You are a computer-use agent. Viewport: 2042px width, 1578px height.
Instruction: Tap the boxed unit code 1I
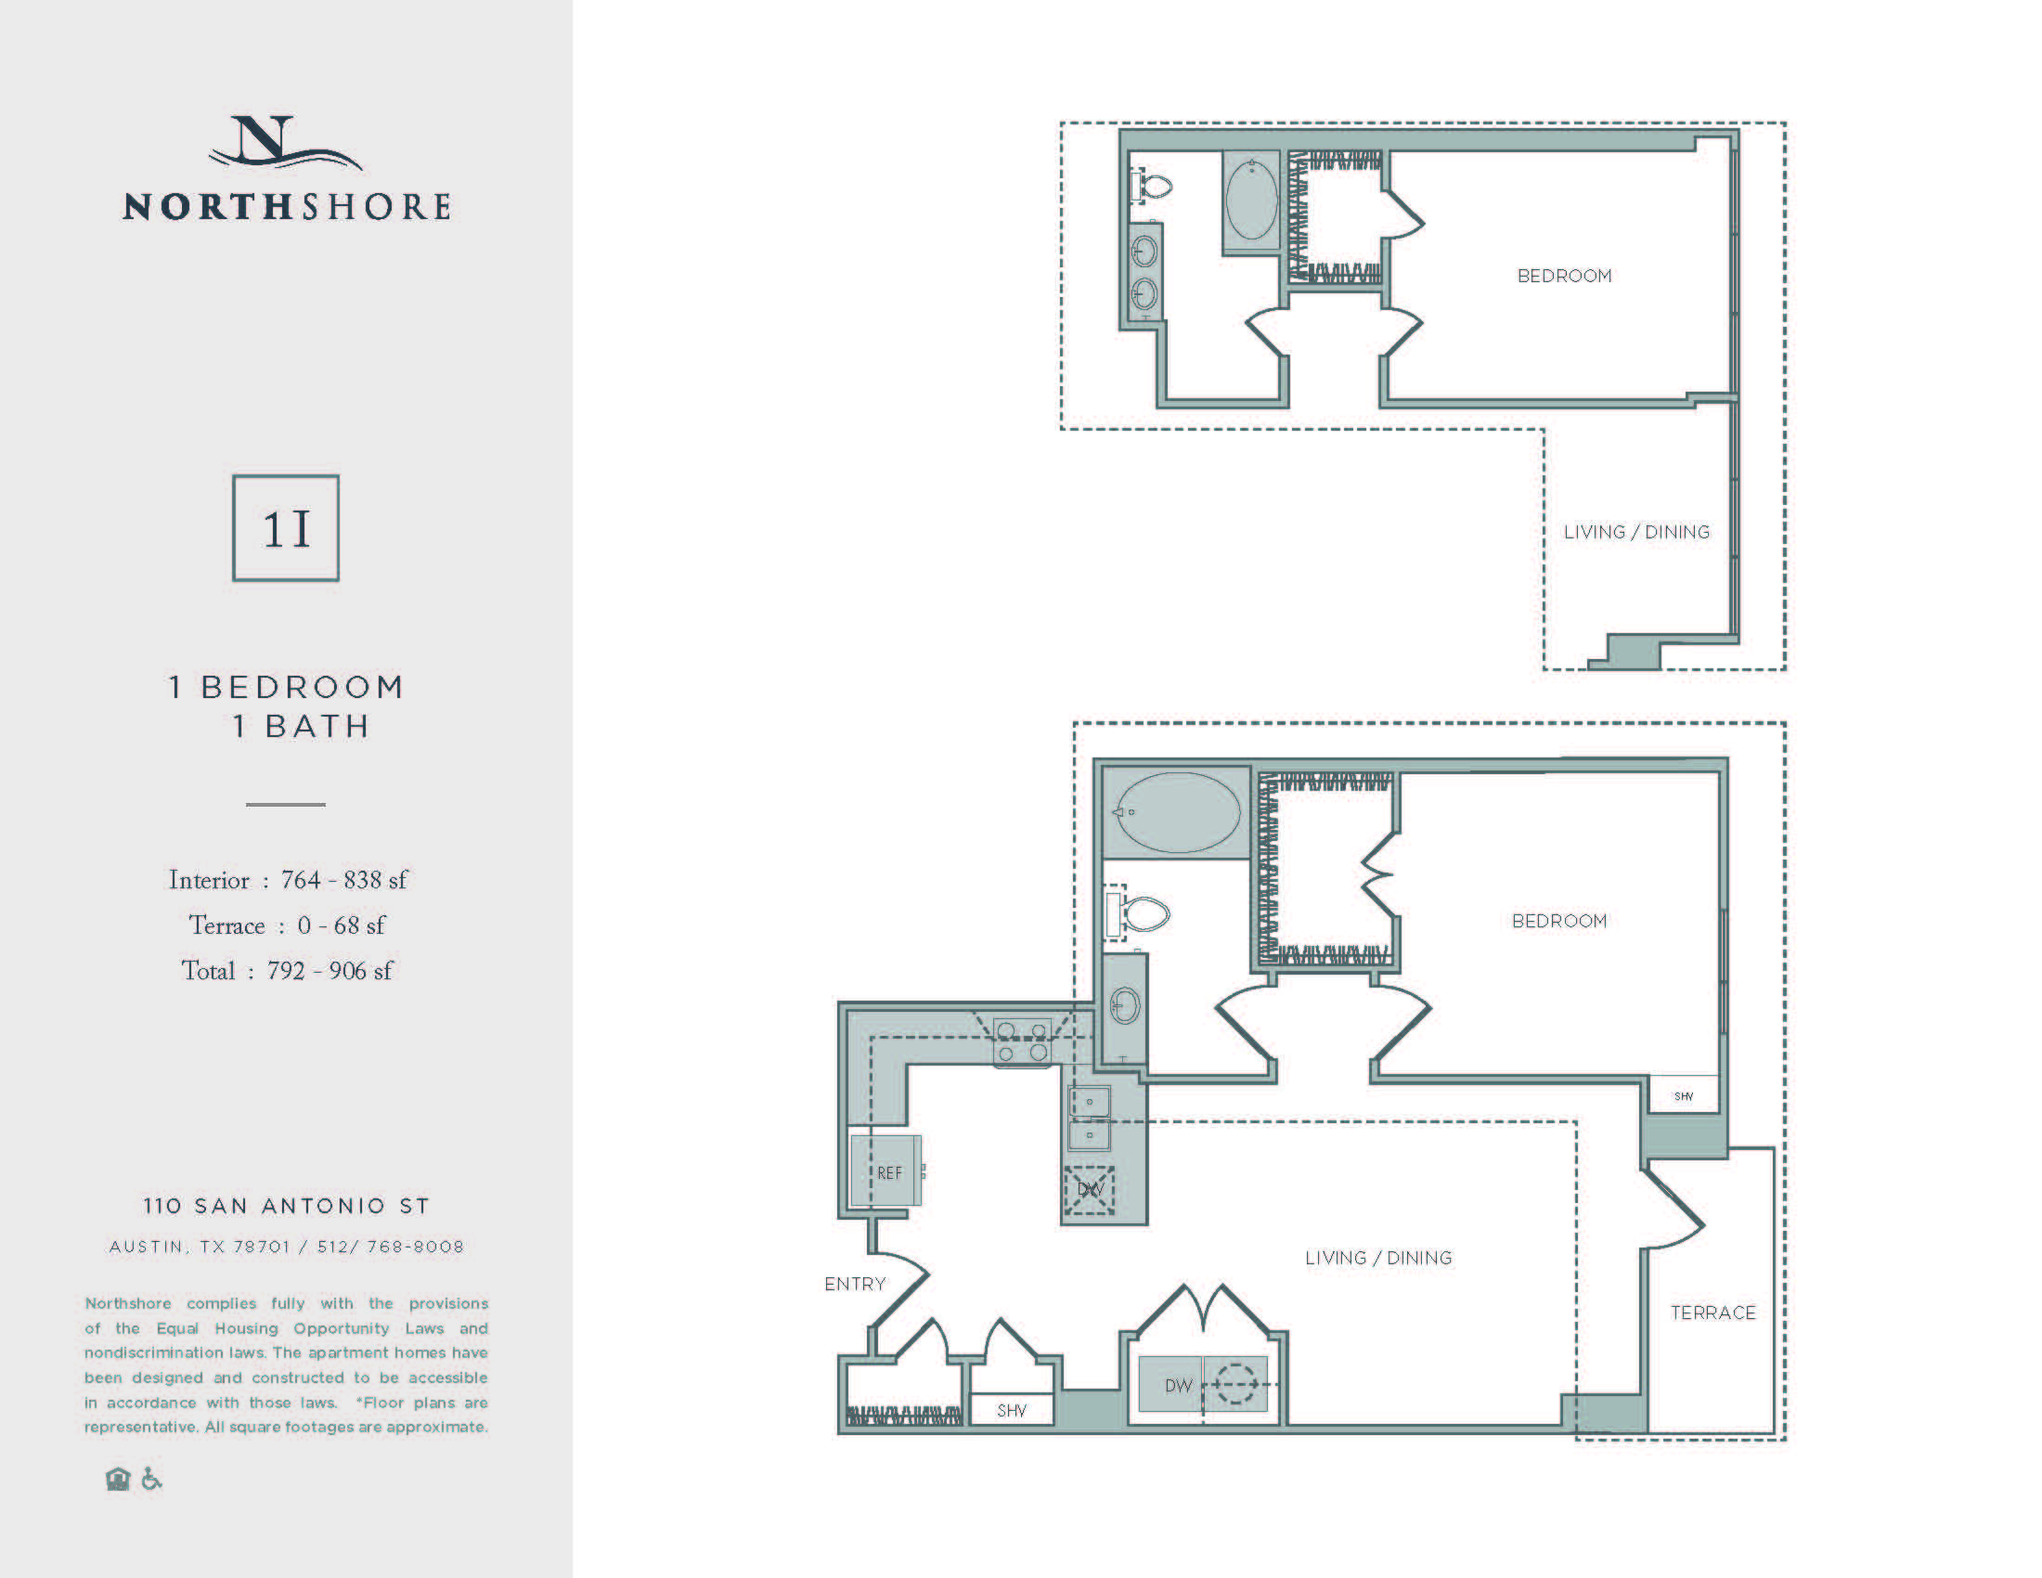286,529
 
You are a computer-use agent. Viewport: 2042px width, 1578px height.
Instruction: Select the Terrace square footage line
287,925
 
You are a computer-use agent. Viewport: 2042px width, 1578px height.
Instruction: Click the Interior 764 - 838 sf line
288,880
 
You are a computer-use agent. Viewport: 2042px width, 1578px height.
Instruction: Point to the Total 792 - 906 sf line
287,970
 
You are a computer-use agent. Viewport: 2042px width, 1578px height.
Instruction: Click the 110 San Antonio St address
286,1206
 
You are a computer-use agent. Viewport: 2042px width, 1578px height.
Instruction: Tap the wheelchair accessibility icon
151,1479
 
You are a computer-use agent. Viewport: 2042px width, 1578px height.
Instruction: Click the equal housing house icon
118,1479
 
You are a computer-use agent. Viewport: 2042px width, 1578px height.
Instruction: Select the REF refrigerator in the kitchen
885,1171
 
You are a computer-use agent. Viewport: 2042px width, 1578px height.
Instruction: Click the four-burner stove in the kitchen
1022,1041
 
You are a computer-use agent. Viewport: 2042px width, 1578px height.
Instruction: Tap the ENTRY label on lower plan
855,1284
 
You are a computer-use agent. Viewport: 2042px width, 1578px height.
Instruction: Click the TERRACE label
1712,1313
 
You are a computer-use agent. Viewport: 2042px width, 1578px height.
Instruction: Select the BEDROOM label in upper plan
1564,276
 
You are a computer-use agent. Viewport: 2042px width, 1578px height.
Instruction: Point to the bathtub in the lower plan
1177,812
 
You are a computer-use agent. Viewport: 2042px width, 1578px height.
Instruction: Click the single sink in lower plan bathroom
1124,1007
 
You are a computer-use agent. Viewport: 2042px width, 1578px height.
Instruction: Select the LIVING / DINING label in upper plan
1636,532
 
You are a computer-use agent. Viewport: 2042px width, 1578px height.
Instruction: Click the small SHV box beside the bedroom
1683,1095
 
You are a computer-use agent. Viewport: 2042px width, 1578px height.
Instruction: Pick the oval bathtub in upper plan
1251,200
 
